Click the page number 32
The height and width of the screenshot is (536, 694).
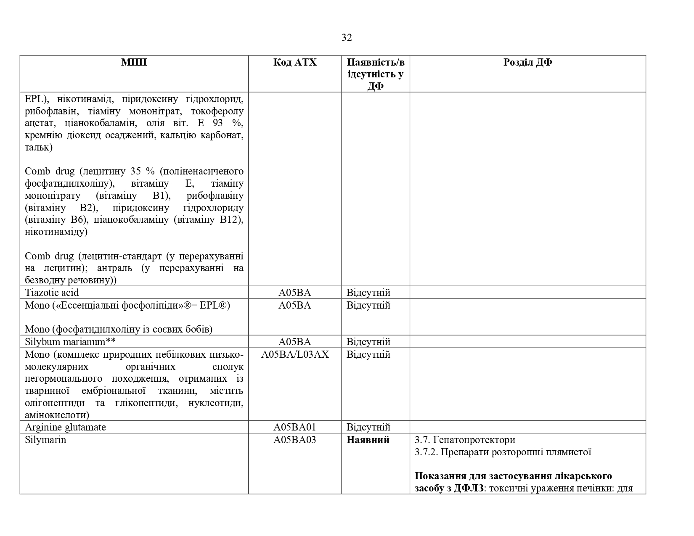coord(347,38)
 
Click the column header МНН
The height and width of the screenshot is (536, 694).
coord(134,62)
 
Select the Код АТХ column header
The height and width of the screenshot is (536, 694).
coord(295,62)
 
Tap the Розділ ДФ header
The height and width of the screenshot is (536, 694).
coord(527,62)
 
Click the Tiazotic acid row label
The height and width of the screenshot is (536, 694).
coord(52,293)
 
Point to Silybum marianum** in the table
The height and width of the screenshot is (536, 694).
coord(70,342)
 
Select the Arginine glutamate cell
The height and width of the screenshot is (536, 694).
coord(65,427)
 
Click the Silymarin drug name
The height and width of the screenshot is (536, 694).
coord(45,440)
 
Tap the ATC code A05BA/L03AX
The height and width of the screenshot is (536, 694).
coord(295,354)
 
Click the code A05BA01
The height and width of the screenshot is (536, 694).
coord(295,427)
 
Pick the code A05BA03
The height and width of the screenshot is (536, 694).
coord(295,440)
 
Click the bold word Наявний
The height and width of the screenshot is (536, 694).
coord(368,440)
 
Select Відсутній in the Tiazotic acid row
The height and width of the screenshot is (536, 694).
coord(368,293)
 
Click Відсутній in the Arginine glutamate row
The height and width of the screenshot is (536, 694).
coord(368,427)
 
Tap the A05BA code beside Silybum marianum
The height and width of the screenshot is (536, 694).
coord(295,342)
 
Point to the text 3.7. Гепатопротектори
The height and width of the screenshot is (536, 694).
coord(465,440)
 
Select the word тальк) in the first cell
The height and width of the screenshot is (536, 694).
coord(39,148)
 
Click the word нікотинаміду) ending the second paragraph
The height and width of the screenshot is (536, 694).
coord(56,232)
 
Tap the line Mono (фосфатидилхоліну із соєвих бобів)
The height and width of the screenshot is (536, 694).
coord(119,329)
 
